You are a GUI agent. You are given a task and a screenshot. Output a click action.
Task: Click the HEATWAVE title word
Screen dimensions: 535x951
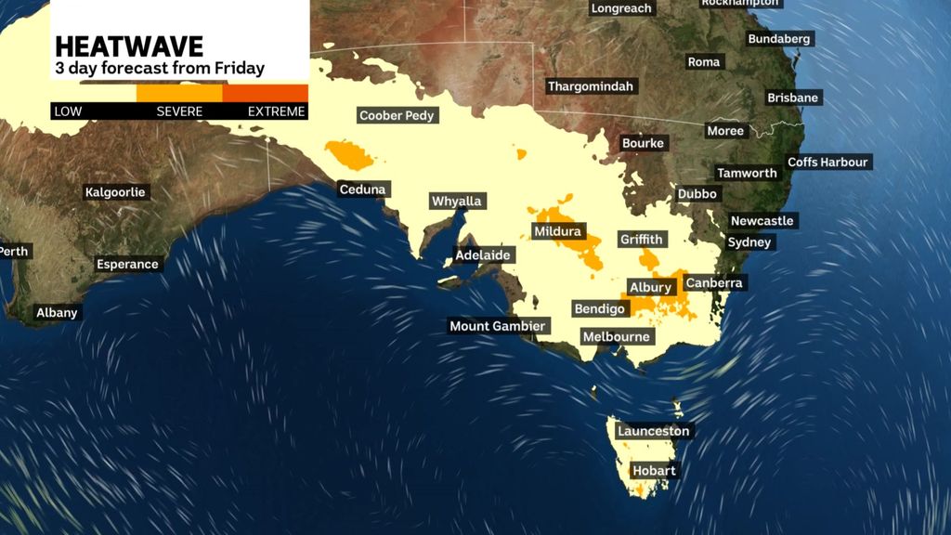pos(129,46)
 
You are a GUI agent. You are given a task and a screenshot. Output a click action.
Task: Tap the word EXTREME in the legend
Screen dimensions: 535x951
pos(276,111)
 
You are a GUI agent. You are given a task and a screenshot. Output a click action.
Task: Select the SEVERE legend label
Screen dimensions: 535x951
pos(179,111)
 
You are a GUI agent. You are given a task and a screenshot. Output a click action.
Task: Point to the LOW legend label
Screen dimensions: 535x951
pos(68,111)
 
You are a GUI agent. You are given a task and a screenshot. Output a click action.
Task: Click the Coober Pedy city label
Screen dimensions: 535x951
pos(397,115)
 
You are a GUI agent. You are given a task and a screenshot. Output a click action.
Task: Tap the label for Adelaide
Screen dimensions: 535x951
pos(483,254)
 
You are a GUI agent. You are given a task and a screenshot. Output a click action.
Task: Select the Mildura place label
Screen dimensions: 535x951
pos(557,230)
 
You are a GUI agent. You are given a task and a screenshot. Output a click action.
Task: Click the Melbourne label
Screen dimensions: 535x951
pos(616,336)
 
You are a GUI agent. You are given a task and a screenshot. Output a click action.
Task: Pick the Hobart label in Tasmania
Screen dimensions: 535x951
pos(655,470)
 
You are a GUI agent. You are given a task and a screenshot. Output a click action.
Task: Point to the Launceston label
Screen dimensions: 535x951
pos(654,431)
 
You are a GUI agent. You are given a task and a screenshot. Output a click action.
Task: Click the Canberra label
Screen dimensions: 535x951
pos(715,282)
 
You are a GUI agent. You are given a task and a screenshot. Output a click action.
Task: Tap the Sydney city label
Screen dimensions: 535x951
pos(749,241)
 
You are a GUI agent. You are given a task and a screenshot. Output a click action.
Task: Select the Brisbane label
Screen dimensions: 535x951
pos(793,98)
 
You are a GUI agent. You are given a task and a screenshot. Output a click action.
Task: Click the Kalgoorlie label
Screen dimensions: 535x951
pos(116,192)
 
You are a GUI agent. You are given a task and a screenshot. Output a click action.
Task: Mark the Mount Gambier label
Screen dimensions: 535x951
pos(498,326)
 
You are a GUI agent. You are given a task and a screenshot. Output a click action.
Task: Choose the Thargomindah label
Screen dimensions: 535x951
pos(591,86)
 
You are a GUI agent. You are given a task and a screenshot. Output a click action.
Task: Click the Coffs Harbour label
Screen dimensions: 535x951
pos(827,162)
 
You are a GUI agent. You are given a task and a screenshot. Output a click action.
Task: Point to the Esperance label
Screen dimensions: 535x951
pos(127,264)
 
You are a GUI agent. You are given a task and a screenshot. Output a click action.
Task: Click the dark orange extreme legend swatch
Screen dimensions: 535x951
pos(266,93)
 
